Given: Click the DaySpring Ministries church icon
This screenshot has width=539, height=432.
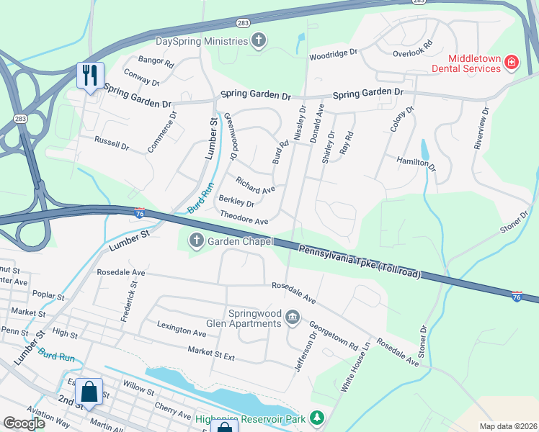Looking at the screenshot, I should (259, 41).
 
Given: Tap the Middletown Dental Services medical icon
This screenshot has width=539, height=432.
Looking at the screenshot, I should (512, 63).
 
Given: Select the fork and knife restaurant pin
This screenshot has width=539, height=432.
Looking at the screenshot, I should (90, 75).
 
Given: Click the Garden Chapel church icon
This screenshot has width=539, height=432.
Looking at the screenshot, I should (196, 242).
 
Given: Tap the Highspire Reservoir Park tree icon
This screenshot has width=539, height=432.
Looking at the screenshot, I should (316, 418).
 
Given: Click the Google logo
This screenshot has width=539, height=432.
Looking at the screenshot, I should (24, 423).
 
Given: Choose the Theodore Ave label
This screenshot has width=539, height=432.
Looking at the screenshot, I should (244, 218).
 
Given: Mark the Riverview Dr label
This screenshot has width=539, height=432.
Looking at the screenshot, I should (481, 127).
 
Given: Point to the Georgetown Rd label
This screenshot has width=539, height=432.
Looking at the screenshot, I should (334, 336).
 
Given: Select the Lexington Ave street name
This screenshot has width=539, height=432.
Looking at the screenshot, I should (182, 333).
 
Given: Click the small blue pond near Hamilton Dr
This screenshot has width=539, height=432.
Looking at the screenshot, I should (424, 150).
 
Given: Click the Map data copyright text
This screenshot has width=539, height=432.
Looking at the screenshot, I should (507, 426).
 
